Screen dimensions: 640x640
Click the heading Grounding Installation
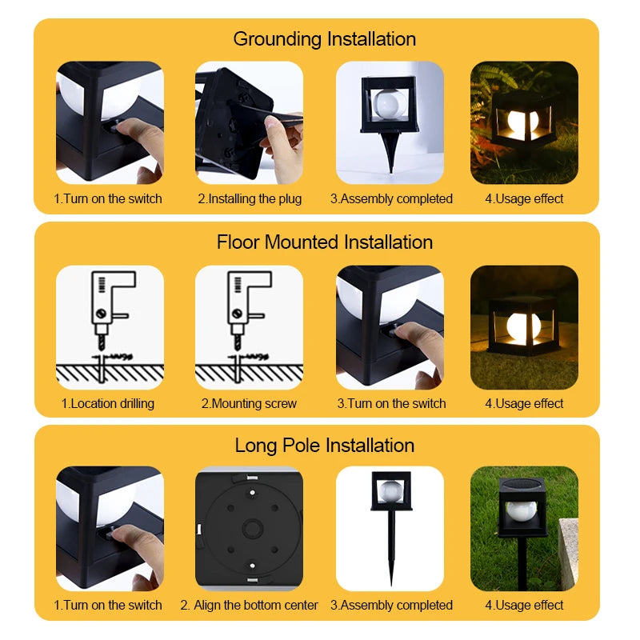[324, 39]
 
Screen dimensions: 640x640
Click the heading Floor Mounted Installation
[324, 242]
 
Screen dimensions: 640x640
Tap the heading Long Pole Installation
[324, 446]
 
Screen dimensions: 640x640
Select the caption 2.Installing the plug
[250, 198]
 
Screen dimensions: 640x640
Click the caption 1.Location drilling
[108, 403]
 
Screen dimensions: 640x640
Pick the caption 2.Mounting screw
[249, 403]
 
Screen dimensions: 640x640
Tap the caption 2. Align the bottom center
[249, 605]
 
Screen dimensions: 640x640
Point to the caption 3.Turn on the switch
[391, 403]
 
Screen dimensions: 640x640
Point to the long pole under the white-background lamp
[391, 552]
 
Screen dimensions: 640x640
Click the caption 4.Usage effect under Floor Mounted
[524, 403]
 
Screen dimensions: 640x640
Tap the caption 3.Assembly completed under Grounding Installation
[391, 198]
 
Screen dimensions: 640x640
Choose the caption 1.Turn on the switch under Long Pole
[108, 605]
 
